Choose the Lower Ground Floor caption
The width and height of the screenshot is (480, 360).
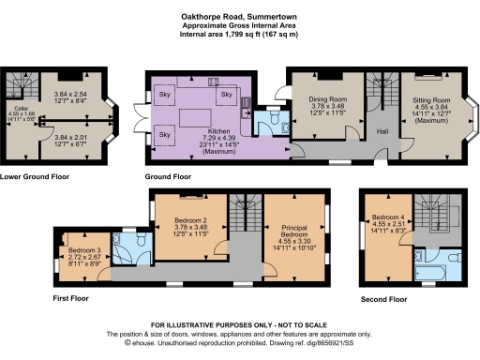point(36,175)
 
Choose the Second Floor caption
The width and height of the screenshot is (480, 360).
point(384,299)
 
